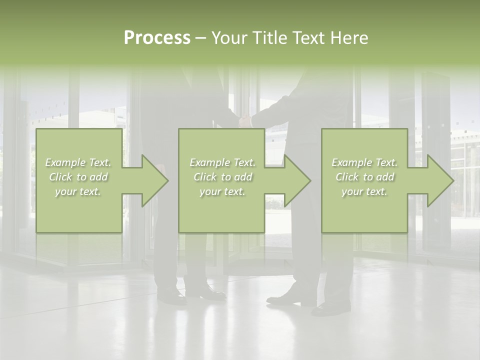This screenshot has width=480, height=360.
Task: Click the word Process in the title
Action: [157, 38]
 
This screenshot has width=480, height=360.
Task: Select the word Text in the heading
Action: [308, 38]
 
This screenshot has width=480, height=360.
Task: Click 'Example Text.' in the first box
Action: [78, 162]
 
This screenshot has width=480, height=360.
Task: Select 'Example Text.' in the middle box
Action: [222, 162]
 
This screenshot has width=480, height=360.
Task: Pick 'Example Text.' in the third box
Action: [364, 162]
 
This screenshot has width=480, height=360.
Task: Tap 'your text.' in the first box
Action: [78, 191]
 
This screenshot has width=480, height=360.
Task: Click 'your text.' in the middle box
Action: [222, 191]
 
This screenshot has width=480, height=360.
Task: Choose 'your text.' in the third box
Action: [364, 191]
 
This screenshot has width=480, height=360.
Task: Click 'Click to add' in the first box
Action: [78, 177]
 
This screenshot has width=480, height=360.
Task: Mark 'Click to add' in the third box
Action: [364, 177]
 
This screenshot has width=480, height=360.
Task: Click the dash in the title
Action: [200, 38]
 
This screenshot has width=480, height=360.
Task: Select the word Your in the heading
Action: [229, 38]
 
